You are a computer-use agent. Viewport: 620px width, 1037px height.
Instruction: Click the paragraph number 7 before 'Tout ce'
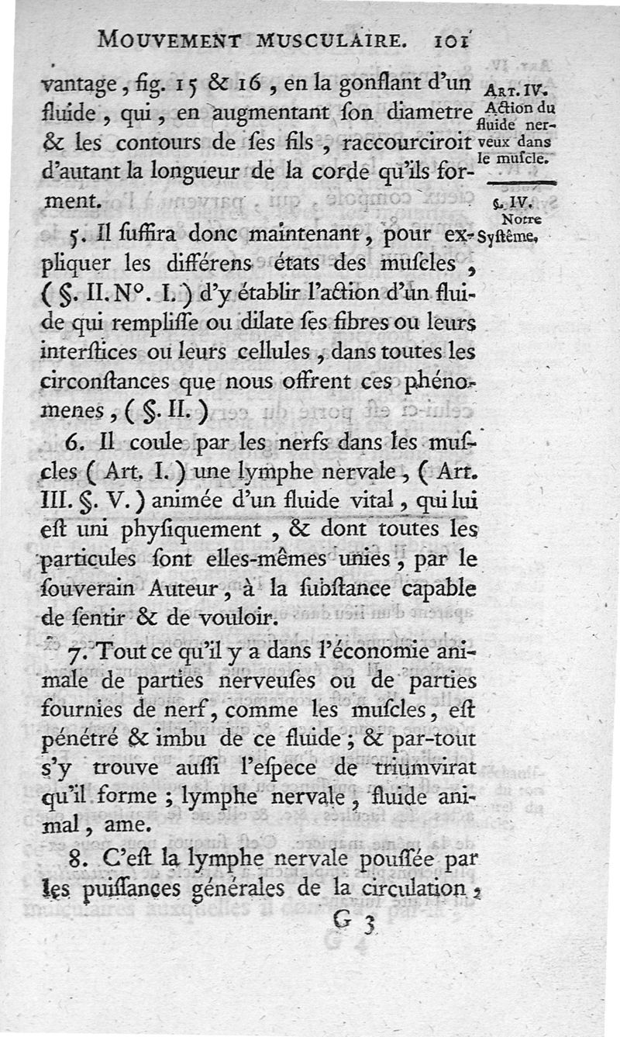pos(76,655)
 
